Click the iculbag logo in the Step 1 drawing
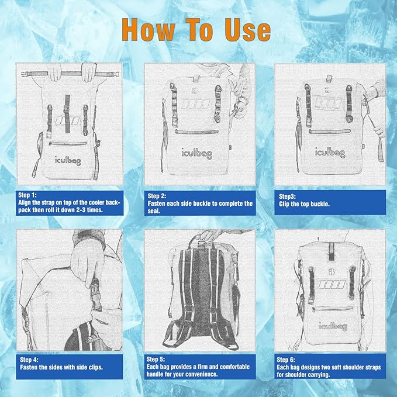coord(70,158)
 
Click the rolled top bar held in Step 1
coord(69,75)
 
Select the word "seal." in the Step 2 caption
coord(154,211)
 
